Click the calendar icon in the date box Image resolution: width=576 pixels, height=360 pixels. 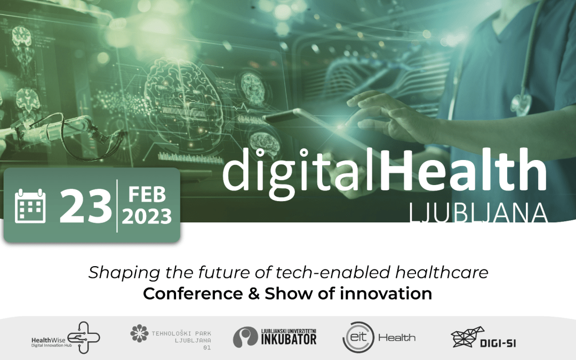point(30,206)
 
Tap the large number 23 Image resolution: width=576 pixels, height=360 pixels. point(85,206)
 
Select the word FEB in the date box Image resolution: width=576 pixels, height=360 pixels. point(147,194)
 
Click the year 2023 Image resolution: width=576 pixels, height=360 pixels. point(147,217)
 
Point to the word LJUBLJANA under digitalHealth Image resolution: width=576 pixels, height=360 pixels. point(478,213)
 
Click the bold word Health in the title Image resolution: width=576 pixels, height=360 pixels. point(463,169)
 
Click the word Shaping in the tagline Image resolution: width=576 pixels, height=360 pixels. point(124,273)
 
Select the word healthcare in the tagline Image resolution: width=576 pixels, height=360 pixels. point(442,272)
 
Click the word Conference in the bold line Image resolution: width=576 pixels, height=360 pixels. point(193,293)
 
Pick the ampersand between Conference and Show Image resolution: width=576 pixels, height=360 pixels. point(254,293)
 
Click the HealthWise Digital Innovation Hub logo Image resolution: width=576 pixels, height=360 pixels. point(66,338)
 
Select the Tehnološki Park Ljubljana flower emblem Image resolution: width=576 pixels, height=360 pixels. point(139,333)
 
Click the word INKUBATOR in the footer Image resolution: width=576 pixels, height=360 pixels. point(289,339)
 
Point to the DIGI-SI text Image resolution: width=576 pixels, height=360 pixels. point(498,343)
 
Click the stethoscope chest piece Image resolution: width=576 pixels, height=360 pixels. point(521,105)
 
